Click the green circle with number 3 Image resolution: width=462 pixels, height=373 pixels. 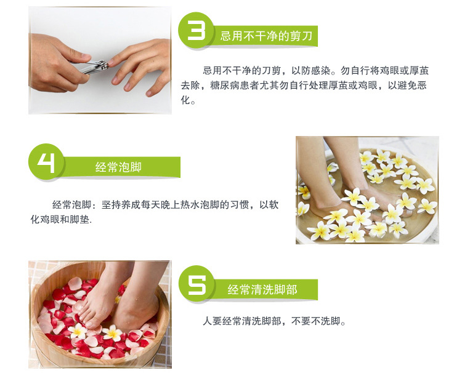[196, 30]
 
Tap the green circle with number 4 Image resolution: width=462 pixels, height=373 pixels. [46, 162]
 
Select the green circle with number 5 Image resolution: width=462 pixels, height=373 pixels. [197, 284]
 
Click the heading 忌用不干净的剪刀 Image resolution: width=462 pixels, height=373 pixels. [266, 36]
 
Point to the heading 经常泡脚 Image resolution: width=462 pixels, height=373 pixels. [118, 167]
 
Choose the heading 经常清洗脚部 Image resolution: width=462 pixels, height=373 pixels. [262, 289]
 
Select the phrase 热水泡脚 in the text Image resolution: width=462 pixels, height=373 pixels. [200, 204]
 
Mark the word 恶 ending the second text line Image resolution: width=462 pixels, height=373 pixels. [422, 86]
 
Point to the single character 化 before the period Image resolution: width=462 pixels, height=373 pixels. [185, 100]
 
